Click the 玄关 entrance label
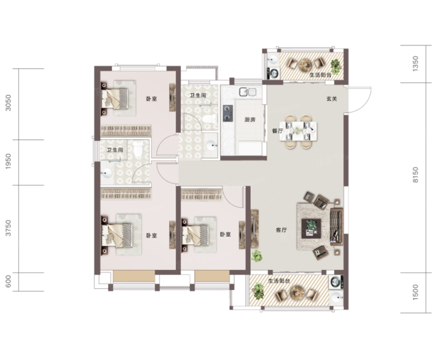tap(332, 99)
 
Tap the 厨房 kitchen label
tap(250, 120)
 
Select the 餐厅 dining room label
tap(277, 131)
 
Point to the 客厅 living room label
tap(282, 230)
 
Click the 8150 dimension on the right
tap(415, 175)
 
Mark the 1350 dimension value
tap(415, 64)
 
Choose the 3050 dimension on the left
tap(8, 103)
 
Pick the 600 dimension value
tap(8, 282)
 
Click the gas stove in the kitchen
tap(228, 114)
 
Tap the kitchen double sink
tap(247, 92)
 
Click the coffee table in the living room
tap(311, 229)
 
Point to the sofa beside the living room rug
tap(336, 227)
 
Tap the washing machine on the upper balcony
tap(273, 73)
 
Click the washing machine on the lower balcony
tap(336, 283)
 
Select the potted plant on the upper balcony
tap(336, 66)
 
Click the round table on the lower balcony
tap(297, 293)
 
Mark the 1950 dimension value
tap(8, 161)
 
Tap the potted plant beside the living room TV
tap(256, 256)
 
